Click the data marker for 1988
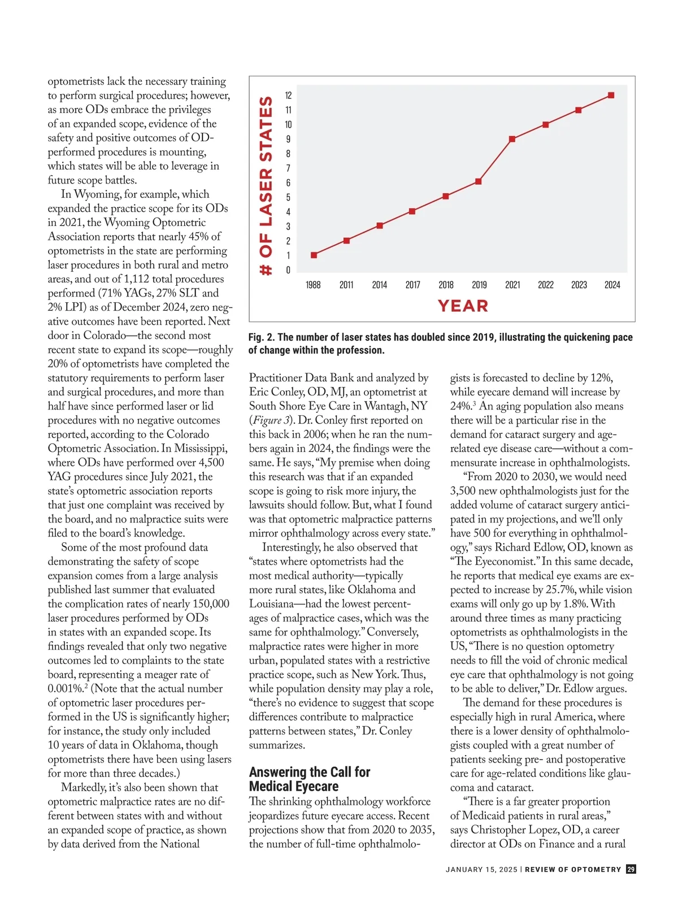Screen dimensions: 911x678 pos(314,255)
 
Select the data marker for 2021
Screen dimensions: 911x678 pos(512,139)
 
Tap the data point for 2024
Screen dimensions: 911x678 pos(611,95)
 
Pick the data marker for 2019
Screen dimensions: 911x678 pos(479,181)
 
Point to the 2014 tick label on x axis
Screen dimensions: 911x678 pos(380,285)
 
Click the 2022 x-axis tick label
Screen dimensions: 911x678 pos(546,285)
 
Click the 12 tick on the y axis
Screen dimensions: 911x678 pos(288,95)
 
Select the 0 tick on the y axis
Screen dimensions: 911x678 pos(288,270)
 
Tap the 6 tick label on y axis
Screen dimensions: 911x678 pos(288,182)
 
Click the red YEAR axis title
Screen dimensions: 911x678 pos(463,306)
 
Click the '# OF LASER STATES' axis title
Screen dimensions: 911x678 pos(266,186)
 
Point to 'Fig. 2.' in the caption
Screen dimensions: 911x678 pos(262,337)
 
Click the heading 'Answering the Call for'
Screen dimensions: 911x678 pos(310,772)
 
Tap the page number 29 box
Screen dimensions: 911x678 pos(631,869)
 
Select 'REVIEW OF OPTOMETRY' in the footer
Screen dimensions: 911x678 pos(573,870)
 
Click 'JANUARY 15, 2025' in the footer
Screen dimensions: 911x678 pos(481,870)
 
